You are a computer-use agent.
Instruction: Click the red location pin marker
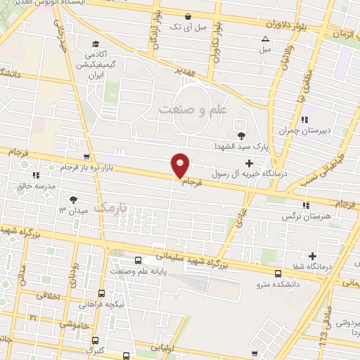[x=181, y=165]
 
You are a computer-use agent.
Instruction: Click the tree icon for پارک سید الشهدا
[x=243, y=135]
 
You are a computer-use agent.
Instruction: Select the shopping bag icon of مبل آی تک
[x=186, y=16]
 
